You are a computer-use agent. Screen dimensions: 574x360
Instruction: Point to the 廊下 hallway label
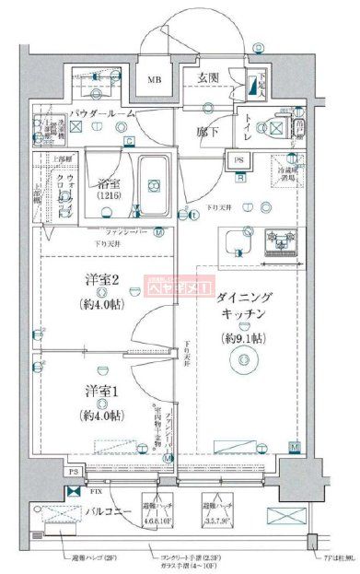pyautogui.click(x=208, y=133)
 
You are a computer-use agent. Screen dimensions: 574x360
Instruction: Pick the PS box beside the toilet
pyautogui.click(x=239, y=160)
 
